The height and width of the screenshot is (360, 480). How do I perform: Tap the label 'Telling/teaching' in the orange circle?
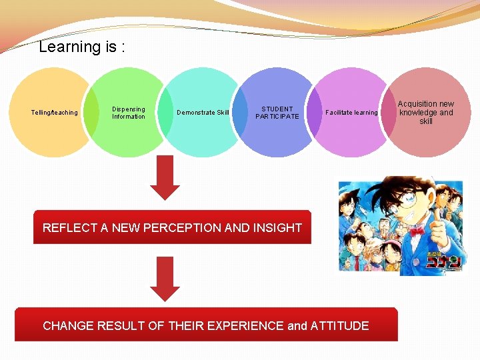(55, 113)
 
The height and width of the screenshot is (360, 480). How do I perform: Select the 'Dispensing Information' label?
(128, 113)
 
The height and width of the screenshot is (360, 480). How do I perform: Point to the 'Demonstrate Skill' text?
(203, 113)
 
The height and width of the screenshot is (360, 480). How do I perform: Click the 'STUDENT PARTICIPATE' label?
(277, 113)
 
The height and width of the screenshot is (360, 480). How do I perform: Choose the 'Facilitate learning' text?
(351, 113)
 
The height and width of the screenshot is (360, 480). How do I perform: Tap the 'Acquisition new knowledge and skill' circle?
(425, 113)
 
